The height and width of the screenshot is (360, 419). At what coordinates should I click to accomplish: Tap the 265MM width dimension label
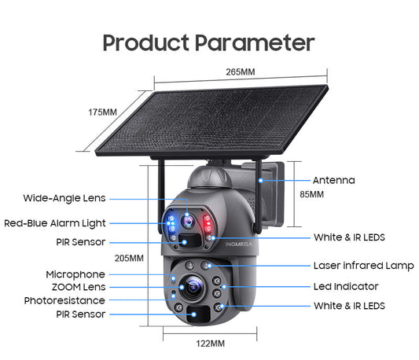coord(241,72)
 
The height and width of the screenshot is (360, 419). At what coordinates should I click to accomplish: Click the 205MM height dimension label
coord(129,258)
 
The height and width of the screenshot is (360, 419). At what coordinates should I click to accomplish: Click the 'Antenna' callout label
coord(333,180)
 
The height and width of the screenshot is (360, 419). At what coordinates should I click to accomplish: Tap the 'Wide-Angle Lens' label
coord(64,198)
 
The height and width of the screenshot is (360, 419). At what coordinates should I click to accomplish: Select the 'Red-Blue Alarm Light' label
coord(54,223)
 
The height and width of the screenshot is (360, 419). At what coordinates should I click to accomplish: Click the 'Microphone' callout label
coord(75,274)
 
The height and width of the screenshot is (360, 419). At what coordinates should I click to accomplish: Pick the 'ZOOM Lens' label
coord(75,287)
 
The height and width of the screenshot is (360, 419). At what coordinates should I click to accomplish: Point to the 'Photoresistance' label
coord(64,300)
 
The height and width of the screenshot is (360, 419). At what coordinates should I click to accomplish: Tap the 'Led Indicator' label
coord(346,286)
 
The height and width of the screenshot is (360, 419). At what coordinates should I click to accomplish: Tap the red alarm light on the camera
coord(208,222)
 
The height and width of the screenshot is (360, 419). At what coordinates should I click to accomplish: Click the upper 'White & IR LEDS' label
coord(349,237)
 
